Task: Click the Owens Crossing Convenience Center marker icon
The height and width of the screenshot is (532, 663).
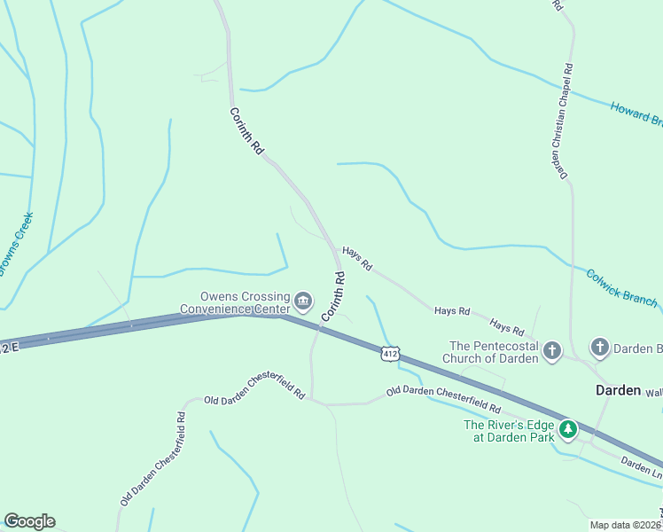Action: pos(303,302)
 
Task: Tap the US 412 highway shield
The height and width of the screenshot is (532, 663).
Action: pos(390,353)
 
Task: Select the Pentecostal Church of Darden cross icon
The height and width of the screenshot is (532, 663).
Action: pos(552,351)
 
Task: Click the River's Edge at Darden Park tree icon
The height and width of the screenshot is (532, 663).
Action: pos(567,430)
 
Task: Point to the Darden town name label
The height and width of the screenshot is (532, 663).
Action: pos(618,390)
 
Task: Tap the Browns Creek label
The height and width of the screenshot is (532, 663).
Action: pos(15,243)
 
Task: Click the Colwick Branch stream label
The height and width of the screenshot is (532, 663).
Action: pos(620,286)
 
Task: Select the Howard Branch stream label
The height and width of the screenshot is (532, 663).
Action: pos(636,114)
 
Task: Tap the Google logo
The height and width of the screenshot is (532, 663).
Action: pos(29,521)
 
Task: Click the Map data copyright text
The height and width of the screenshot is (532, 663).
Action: pos(626,525)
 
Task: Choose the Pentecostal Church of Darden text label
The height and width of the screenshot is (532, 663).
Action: pos(494,352)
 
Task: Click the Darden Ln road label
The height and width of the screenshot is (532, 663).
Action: pos(641,467)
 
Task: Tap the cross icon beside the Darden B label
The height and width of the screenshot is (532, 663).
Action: pos(600,348)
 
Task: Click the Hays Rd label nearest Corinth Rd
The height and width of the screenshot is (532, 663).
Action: pos(357,259)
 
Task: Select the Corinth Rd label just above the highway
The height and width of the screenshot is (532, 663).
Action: pos(333,296)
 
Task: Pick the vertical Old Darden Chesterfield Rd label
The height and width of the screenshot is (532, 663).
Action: pos(152,458)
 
